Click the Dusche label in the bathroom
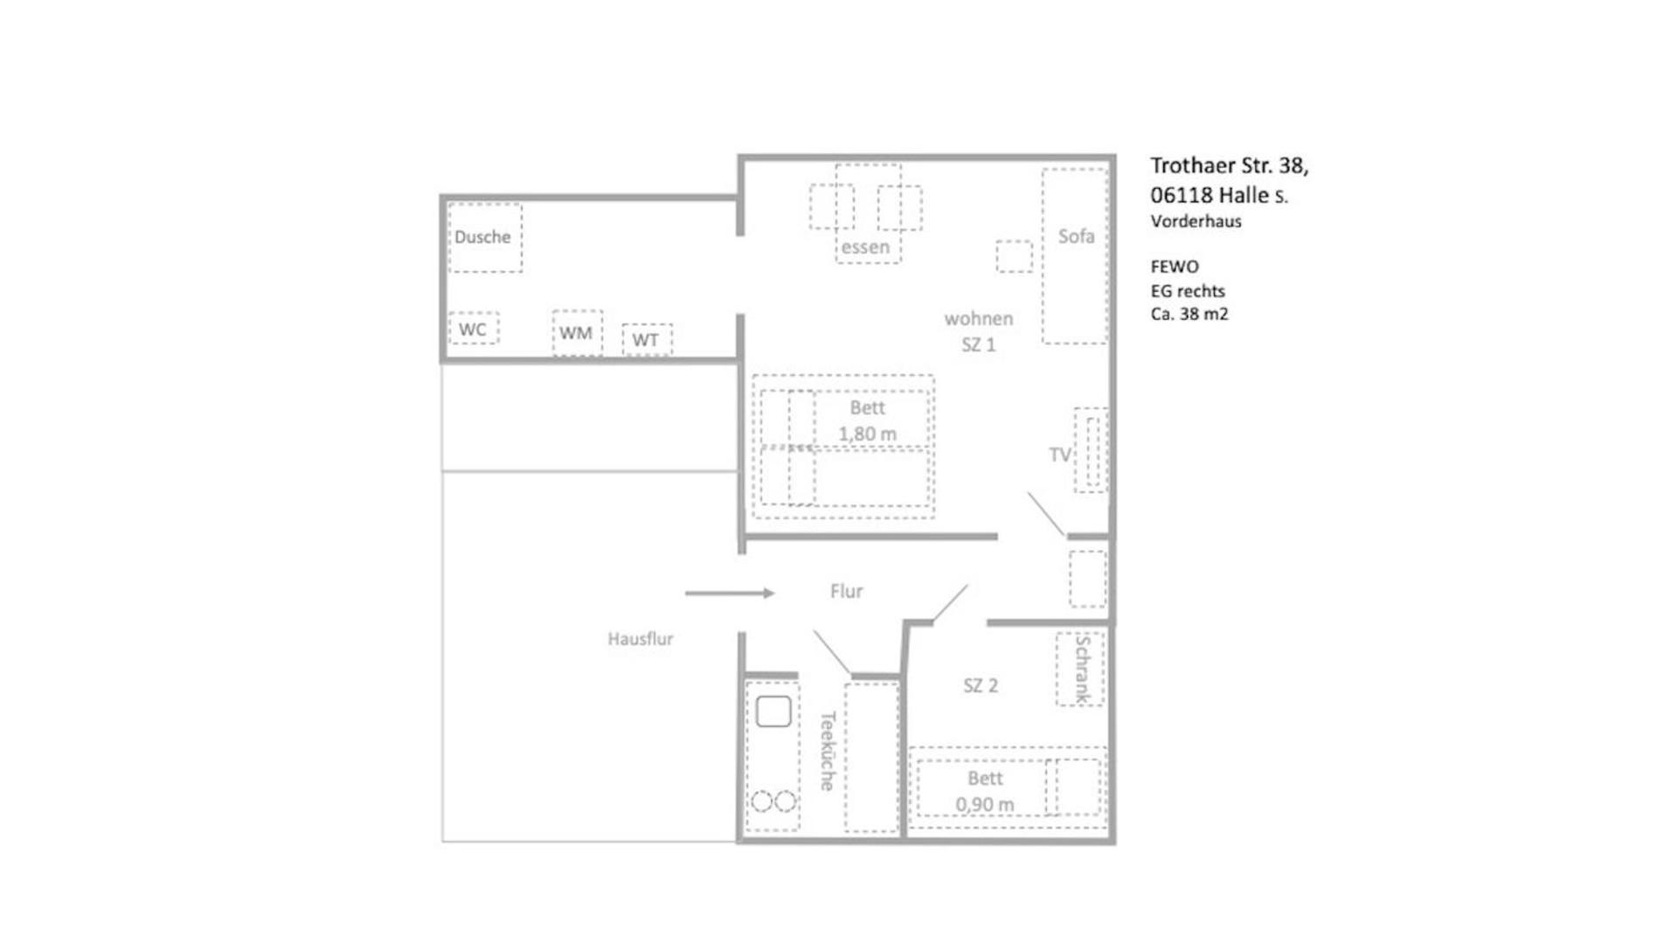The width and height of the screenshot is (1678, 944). click(482, 237)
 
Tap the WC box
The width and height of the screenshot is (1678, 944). click(473, 330)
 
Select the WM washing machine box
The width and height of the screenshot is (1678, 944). click(577, 333)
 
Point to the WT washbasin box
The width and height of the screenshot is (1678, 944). click(646, 340)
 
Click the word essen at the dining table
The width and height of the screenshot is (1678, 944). click(865, 247)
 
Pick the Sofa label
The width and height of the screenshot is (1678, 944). click(1076, 236)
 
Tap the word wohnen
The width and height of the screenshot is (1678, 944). click(979, 319)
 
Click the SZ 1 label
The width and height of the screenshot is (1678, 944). click(979, 344)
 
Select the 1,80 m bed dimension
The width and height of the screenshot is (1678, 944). click(867, 434)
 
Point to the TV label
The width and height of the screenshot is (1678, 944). click(1059, 455)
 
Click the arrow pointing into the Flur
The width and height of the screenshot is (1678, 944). click(730, 593)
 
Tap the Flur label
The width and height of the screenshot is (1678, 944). click(846, 592)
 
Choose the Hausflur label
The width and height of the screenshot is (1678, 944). click(641, 639)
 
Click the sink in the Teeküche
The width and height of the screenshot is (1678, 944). click(773, 711)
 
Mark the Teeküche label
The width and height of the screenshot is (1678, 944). click(828, 750)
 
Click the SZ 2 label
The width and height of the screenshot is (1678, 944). click(981, 686)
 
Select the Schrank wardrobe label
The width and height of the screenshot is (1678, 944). click(1082, 670)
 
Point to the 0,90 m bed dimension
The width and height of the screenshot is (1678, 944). click(985, 804)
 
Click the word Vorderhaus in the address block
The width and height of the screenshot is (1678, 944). click(1196, 221)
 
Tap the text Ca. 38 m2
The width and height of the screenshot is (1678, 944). click(1189, 314)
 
